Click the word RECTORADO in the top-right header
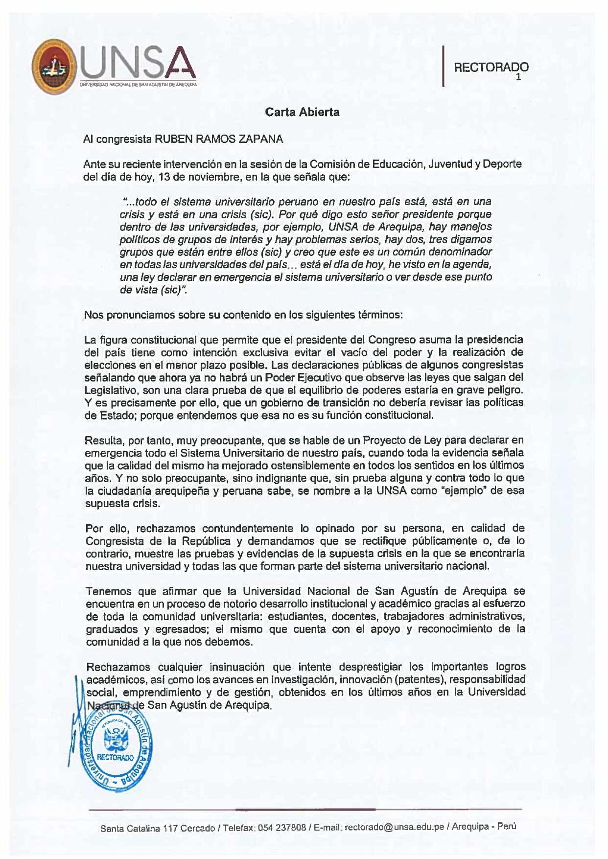point(491,68)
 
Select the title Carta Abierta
point(302,112)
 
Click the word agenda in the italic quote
point(471,265)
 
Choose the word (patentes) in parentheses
point(420,679)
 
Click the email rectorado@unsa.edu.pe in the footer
point(395,827)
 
